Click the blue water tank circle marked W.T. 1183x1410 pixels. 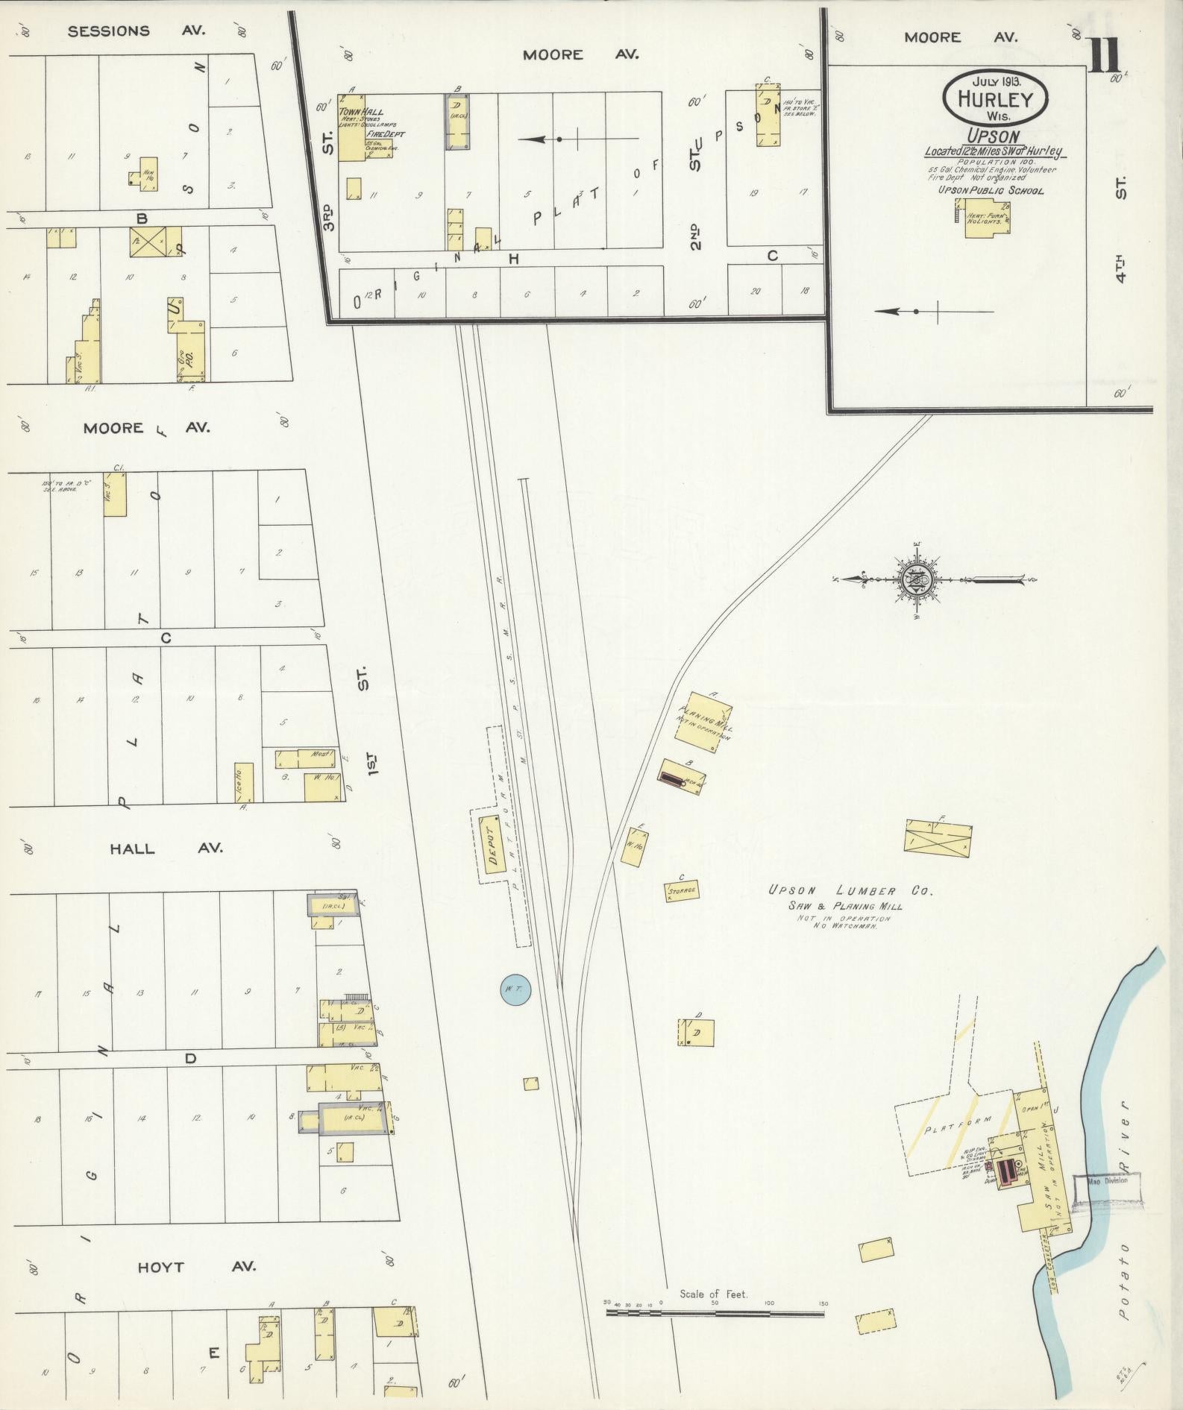[x=515, y=989]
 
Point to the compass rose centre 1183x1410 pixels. [x=916, y=579]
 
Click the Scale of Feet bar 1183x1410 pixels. [x=715, y=790]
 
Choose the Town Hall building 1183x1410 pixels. [x=351, y=127]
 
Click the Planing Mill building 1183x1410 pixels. [x=703, y=718]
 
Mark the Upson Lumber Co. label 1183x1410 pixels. [x=851, y=890]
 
